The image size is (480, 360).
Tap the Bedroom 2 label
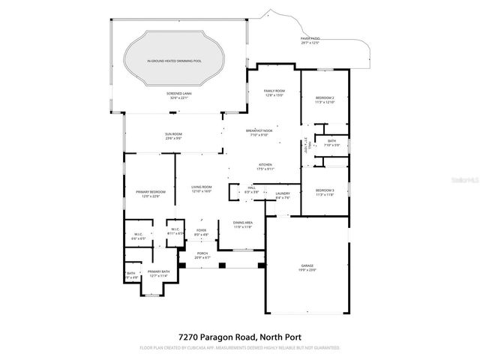324,100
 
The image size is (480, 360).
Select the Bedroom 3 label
324,193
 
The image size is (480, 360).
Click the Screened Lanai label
178,95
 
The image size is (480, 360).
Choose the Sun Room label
173,136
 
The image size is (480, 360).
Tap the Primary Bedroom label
151,194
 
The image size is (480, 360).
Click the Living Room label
202,189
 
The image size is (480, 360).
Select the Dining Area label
242,224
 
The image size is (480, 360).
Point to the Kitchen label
265,166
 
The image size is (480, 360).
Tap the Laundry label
282,196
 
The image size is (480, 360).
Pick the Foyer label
201,232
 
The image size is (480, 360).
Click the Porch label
202,256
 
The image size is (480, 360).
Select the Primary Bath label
158,274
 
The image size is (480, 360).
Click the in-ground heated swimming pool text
174,60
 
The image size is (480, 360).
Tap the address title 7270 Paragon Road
239,337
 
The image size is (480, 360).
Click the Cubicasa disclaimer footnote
239,348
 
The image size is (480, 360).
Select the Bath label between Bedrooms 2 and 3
331,142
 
